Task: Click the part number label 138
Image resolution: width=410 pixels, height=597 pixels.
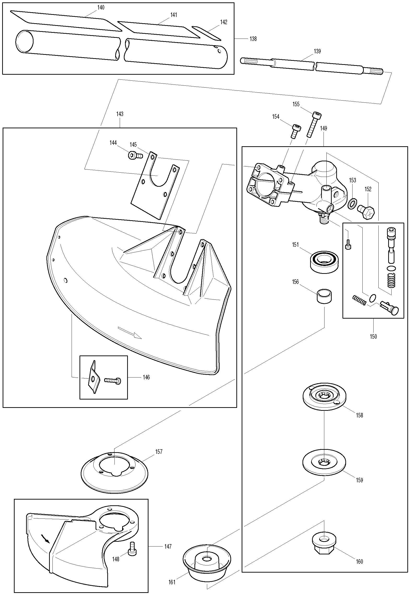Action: (253, 39)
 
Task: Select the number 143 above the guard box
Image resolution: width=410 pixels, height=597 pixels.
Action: (120, 114)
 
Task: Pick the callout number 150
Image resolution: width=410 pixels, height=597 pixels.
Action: (373, 336)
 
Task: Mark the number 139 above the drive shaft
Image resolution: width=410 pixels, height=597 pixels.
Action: (317, 51)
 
